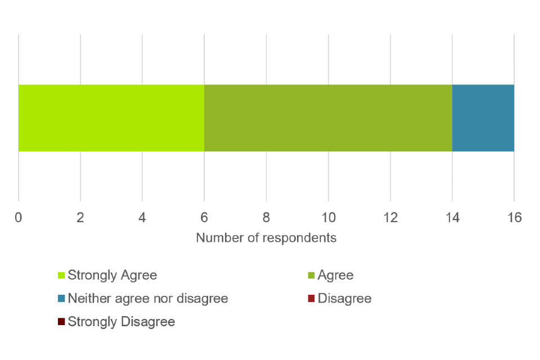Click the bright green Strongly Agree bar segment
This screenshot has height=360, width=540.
pyautogui.click(x=111, y=118)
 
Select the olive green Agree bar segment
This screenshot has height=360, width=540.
pyautogui.click(x=328, y=118)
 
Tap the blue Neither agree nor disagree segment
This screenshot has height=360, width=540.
pyautogui.click(x=483, y=118)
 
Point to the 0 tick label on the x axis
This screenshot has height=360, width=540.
pyautogui.click(x=19, y=217)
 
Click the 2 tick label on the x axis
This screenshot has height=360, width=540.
pyautogui.click(x=80, y=217)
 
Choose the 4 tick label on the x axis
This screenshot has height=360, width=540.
pyautogui.click(x=142, y=217)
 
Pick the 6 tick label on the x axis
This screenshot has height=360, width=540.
pyautogui.click(x=204, y=217)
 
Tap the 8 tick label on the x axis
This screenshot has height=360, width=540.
pyautogui.click(x=266, y=217)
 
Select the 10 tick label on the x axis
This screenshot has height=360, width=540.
pyautogui.click(x=328, y=217)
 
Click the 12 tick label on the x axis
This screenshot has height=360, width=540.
pyautogui.click(x=390, y=217)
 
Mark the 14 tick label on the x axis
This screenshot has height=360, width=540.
pyautogui.click(x=452, y=217)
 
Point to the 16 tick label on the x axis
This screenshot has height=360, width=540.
pyautogui.click(x=514, y=217)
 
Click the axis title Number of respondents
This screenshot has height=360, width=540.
pyautogui.click(x=266, y=238)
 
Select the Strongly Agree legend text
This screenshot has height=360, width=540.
pyautogui.click(x=112, y=275)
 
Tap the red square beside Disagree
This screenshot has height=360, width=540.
pyautogui.click(x=311, y=298)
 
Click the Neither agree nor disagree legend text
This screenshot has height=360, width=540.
pyautogui.click(x=148, y=298)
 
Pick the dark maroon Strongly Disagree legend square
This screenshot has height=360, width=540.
pyautogui.click(x=61, y=322)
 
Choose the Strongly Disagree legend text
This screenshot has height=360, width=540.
pyautogui.click(x=121, y=322)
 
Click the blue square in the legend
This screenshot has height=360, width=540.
pyautogui.click(x=61, y=298)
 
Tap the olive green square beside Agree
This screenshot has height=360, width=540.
pyautogui.click(x=311, y=275)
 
